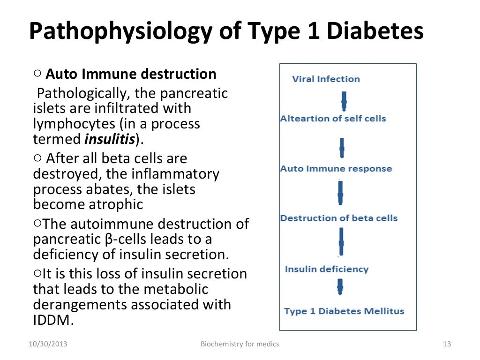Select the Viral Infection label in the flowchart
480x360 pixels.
[326, 79]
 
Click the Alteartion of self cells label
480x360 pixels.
[333, 119]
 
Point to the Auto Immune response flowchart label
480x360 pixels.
[336, 169]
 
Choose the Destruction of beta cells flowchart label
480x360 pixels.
[338, 218]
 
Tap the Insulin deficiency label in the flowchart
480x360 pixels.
[326, 269]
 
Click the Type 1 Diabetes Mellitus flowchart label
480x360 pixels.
[344, 311]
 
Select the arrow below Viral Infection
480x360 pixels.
[344, 99]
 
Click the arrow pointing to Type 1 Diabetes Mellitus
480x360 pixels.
[340, 287]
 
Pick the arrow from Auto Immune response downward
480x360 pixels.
[341, 193]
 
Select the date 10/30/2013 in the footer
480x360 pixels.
[47, 344]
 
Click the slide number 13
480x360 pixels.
[446, 344]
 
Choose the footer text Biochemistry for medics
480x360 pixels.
[240, 344]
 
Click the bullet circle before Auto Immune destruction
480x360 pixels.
[38, 74]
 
